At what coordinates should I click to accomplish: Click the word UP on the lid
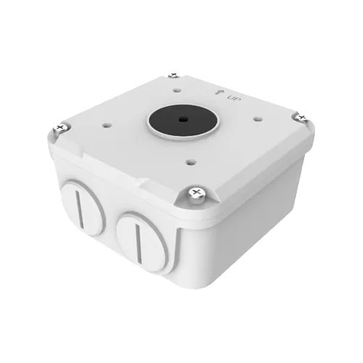234,98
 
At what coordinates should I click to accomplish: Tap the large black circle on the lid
183,120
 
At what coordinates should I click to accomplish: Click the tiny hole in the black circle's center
182,119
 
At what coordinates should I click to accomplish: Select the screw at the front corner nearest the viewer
197,195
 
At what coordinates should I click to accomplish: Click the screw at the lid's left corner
60,128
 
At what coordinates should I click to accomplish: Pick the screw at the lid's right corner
301,118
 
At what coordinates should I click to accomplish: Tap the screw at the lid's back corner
174,75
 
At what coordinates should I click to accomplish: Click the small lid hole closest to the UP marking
177,91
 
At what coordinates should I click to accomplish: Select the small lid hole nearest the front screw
191,162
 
